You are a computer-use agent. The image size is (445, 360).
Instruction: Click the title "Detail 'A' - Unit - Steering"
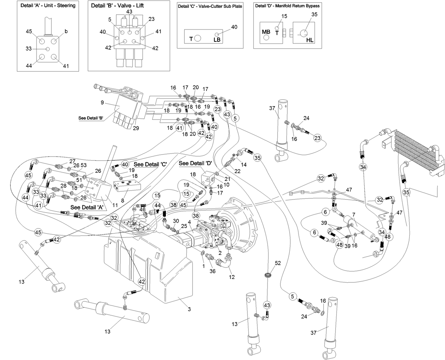tap(48, 6)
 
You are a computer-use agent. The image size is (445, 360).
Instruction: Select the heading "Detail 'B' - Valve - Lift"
tap(117, 6)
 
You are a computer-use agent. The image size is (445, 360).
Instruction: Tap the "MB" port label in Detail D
tap(266, 32)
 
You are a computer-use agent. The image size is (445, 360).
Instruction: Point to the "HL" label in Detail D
tap(310, 40)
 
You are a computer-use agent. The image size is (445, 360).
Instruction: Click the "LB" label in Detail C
tap(217, 40)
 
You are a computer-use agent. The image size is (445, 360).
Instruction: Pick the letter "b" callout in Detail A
tap(66, 32)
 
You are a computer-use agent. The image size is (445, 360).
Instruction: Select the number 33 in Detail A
tap(29, 48)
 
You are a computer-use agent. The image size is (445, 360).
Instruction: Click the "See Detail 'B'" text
tap(91, 118)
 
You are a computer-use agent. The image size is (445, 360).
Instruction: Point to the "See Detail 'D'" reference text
tap(195, 163)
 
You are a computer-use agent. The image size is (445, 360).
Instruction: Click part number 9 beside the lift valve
tap(102, 103)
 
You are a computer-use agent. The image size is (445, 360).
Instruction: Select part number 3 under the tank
tap(189, 309)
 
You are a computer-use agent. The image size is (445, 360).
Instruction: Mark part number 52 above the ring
tap(278, 263)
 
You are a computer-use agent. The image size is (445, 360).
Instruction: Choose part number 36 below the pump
tap(212, 271)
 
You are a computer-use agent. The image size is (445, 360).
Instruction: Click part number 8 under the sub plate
tap(122, 200)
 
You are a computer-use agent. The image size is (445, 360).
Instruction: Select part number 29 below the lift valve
tap(135, 128)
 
